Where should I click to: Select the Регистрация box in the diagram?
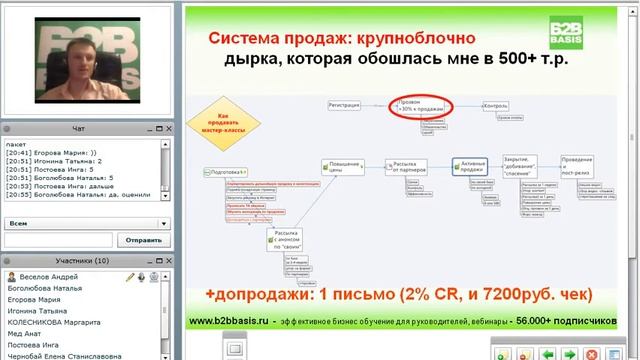tap(343, 104)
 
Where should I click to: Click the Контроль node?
tap(496, 104)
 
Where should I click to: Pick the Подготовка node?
tap(225, 172)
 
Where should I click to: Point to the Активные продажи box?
tap(470, 167)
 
